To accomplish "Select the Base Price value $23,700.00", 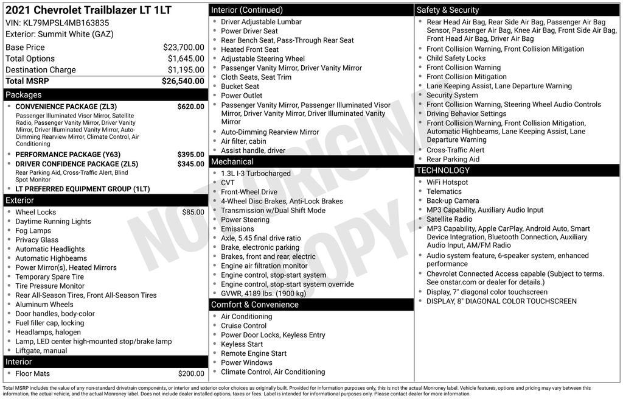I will (183, 47).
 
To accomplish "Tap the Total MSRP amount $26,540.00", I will (183, 81).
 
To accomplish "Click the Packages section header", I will (24, 95).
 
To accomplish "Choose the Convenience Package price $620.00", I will (190, 107).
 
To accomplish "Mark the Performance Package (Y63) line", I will (68, 155).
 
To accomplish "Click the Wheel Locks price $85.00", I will (193, 212).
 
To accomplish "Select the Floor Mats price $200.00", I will (191, 373).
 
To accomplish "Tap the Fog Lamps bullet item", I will (33, 231).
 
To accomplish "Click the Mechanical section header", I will (232, 162).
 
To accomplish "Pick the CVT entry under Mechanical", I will (228, 183).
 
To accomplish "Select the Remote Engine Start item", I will (253, 353).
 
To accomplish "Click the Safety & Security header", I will (448, 10).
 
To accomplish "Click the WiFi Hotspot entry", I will (447, 182).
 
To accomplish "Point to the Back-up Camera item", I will (452, 200).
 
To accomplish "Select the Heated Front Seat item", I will (249, 49).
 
